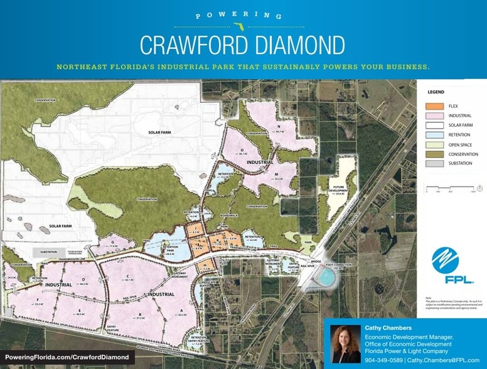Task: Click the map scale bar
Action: (452, 188)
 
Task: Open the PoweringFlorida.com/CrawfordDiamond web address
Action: (69, 357)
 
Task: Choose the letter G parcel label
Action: (112, 243)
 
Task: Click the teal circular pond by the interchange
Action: (326, 277)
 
